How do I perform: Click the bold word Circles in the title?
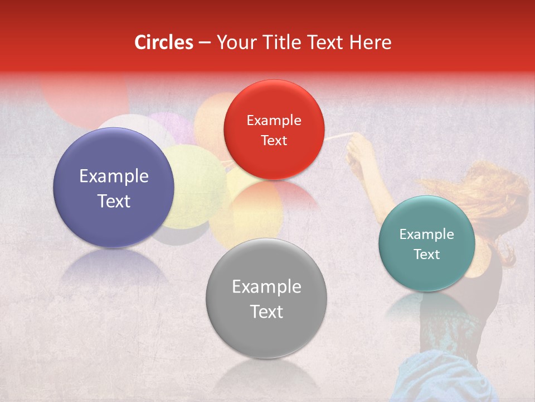[x=164, y=42]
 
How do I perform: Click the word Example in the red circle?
[x=274, y=121]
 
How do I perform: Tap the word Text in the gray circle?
[x=266, y=312]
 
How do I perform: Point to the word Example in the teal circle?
[x=426, y=234]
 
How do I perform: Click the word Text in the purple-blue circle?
[x=114, y=201]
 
